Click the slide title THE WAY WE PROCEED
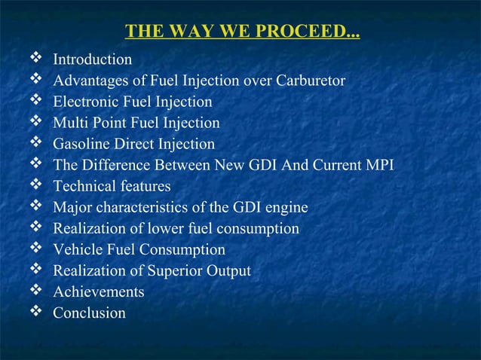tap(241, 32)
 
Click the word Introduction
tap(92, 59)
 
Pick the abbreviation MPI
tap(378, 165)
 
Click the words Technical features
tap(112, 186)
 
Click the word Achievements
tap(98, 291)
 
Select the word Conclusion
tap(89, 313)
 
